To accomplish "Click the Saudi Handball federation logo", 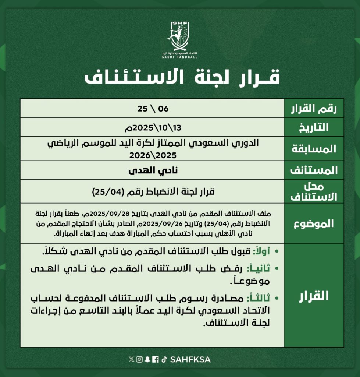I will (x=180, y=39).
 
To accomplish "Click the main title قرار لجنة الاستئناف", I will (x=182, y=77).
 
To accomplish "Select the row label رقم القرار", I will (x=314, y=109).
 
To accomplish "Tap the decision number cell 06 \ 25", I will (x=152, y=108).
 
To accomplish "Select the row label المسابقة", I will (x=314, y=149).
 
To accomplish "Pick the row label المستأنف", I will (x=314, y=170).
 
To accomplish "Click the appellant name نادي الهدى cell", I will (x=152, y=170).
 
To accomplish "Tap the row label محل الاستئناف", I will (x=314, y=191).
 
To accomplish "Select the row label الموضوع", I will (x=314, y=223).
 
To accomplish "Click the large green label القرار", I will (x=314, y=296).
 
